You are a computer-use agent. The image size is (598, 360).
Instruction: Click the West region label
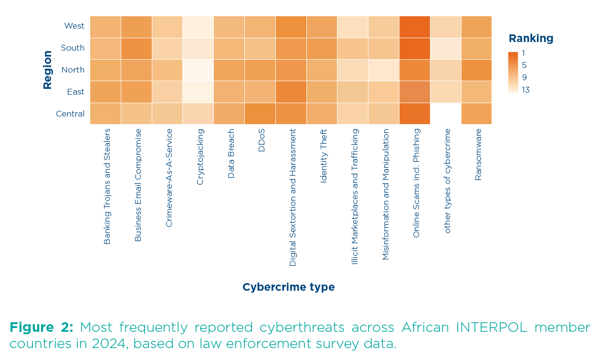(x=74, y=26)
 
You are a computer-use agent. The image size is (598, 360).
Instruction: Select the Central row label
(x=70, y=114)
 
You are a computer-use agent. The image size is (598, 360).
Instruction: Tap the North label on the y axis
(x=73, y=70)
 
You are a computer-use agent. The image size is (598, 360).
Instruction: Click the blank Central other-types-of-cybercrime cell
(x=445, y=114)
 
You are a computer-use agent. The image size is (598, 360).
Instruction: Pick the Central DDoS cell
(x=260, y=114)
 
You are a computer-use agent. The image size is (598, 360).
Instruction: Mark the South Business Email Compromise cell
(x=136, y=48)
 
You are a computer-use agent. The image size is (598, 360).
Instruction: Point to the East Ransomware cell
(x=476, y=92)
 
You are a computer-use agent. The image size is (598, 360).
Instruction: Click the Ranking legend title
(x=531, y=39)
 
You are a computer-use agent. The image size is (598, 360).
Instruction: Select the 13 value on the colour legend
(x=525, y=90)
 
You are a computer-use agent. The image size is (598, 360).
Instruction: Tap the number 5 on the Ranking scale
(x=524, y=65)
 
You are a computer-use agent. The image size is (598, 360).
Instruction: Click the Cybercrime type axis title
(x=288, y=287)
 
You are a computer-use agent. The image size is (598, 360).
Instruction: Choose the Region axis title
(x=47, y=70)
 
